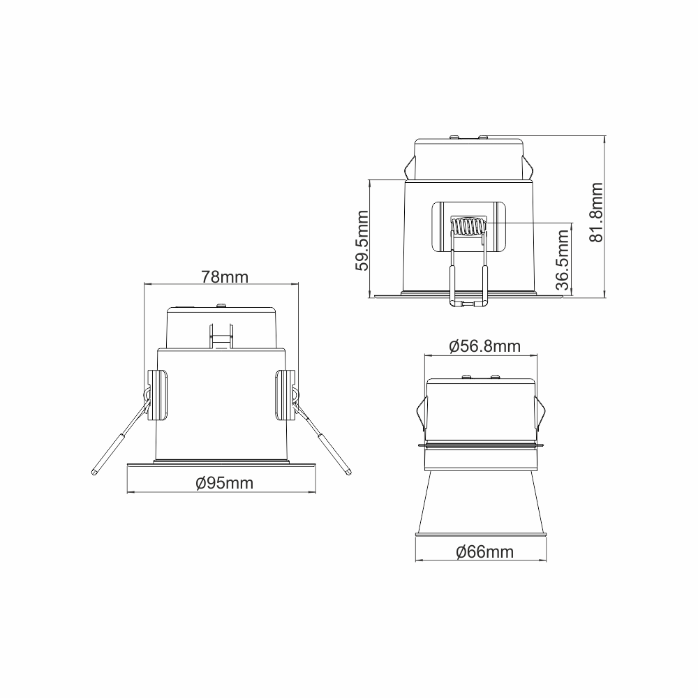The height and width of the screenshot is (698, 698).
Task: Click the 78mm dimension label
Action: (x=224, y=277)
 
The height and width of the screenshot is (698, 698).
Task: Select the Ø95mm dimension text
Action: (x=224, y=483)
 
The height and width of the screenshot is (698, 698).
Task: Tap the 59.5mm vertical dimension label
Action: (x=362, y=240)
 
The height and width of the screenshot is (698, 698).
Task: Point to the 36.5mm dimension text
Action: (x=563, y=260)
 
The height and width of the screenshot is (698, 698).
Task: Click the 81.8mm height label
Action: (x=596, y=212)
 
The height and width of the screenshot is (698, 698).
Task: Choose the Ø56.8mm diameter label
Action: (x=484, y=346)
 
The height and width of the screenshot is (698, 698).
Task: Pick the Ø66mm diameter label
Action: (x=485, y=552)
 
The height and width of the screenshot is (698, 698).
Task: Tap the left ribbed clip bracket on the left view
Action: (x=158, y=394)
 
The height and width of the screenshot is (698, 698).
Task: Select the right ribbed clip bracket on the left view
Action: (x=285, y=394)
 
